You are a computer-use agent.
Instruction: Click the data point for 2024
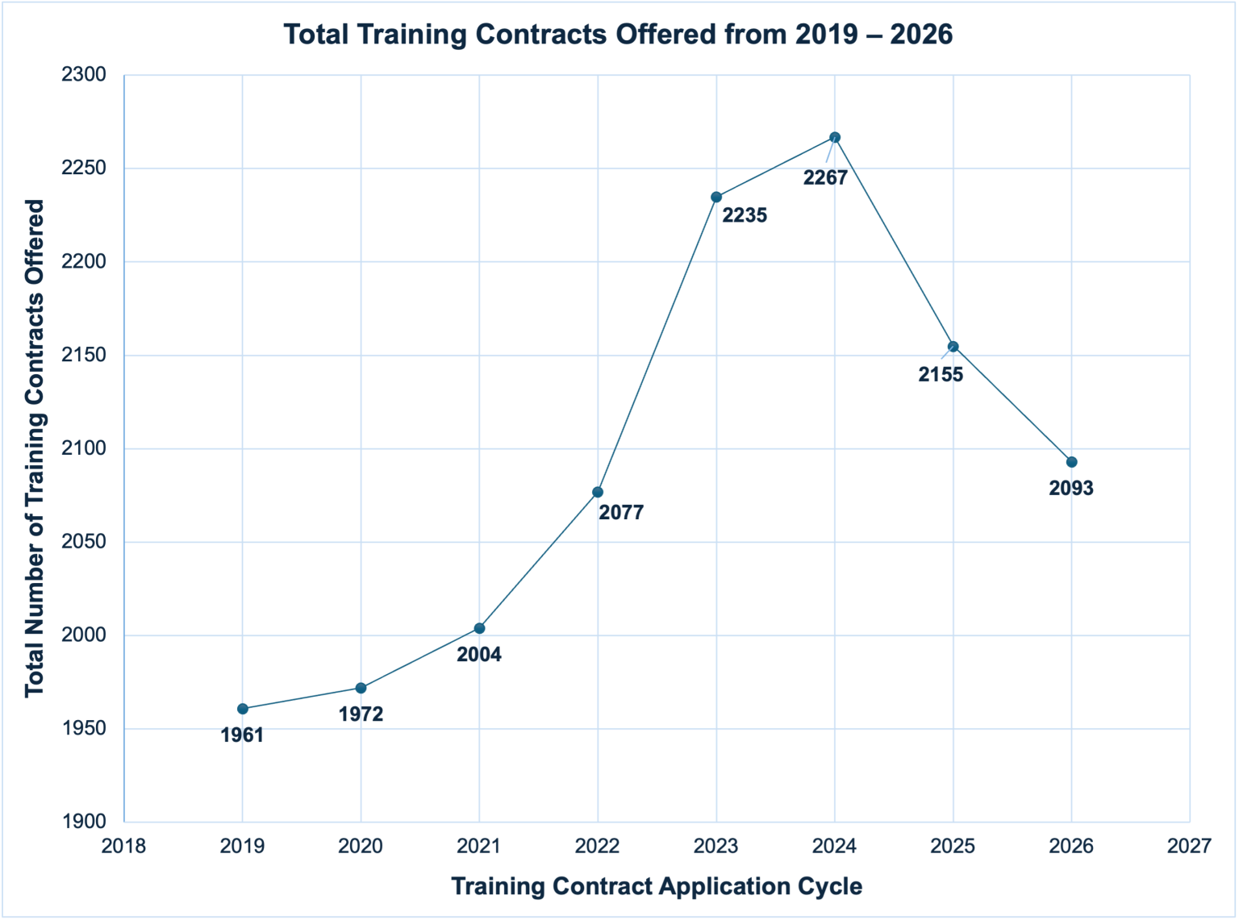tap(835, 137)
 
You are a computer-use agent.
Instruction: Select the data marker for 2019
tap(243, 709)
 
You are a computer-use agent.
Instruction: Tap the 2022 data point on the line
tap(598, 492)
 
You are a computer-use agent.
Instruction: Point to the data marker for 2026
tap(1071, 462)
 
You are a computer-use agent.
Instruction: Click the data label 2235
tap(744, 215)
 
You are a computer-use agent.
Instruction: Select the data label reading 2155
tap(941, 374)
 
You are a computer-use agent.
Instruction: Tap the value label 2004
tap(479, 655)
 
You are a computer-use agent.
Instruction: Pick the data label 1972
tap(361, 714)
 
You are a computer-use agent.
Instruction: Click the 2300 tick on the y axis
tap(84, 75)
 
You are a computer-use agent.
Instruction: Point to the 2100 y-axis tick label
tap(84, 448)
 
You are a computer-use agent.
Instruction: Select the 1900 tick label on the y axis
tap(84, 822)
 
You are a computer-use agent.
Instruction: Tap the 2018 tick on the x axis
tap(124, 846)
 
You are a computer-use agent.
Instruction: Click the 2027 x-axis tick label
tap(1189, 846)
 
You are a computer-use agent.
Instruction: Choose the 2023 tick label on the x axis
tap(716, 846)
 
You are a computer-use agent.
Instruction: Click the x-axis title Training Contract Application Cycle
tap(657, 886)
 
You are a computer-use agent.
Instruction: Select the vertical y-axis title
tap(34, 448)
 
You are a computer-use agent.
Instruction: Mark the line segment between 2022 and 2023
tap(657, 344)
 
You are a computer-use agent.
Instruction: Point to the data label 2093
tap(1071, 488)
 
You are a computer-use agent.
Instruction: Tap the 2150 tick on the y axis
tap(84, 356)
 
